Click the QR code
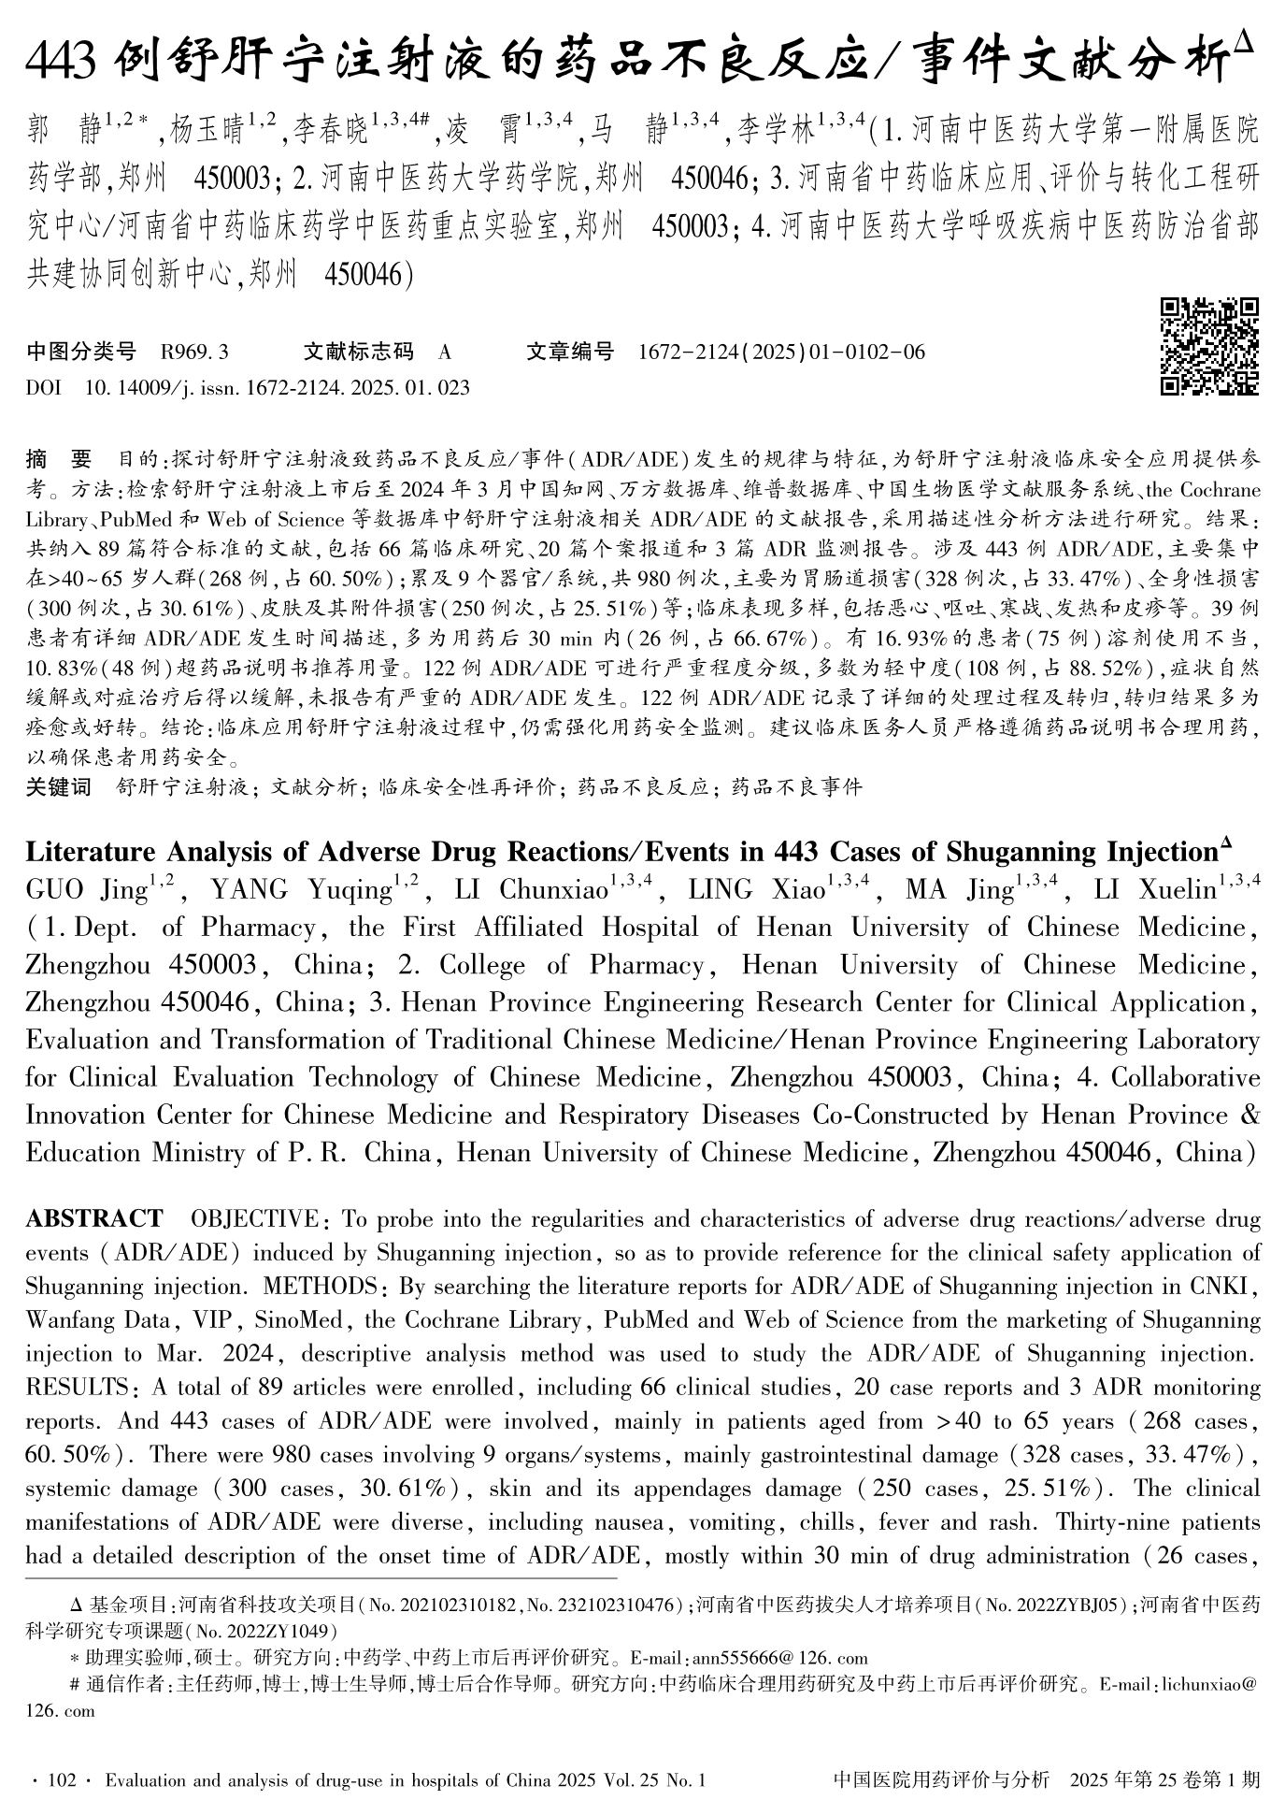(x=1208, y=346)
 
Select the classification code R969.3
(x=194, y=353)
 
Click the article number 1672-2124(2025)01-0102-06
(x=781, y=353)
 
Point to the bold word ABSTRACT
(x=93, y=1218)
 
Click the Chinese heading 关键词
(x=58, y=787)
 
